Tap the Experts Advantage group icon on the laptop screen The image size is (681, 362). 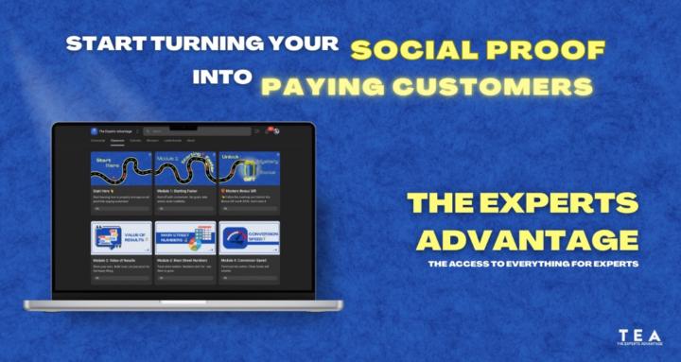tap(95, 131)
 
